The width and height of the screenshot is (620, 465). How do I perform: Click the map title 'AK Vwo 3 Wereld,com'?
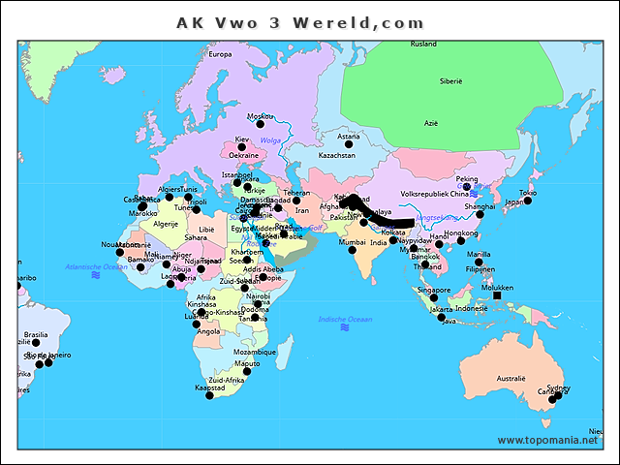[299, 21]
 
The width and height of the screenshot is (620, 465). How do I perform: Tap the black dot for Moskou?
[259, 124]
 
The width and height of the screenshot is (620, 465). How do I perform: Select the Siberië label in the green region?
[450, 81]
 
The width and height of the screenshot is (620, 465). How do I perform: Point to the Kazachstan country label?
[336, 155]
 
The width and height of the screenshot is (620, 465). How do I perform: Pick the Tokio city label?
[527, 194]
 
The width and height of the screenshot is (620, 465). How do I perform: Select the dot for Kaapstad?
[209, 394]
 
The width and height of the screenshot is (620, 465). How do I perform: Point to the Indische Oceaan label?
[344, 319]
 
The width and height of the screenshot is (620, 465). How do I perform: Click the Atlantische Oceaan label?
[96, 266]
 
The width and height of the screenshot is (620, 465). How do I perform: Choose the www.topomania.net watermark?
[548, 441]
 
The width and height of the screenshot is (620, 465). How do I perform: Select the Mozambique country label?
[255, 352]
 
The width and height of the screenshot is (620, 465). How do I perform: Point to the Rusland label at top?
[423, 45]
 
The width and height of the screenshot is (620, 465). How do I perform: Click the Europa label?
[221, 54]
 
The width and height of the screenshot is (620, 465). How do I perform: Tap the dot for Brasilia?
[36, 343]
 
